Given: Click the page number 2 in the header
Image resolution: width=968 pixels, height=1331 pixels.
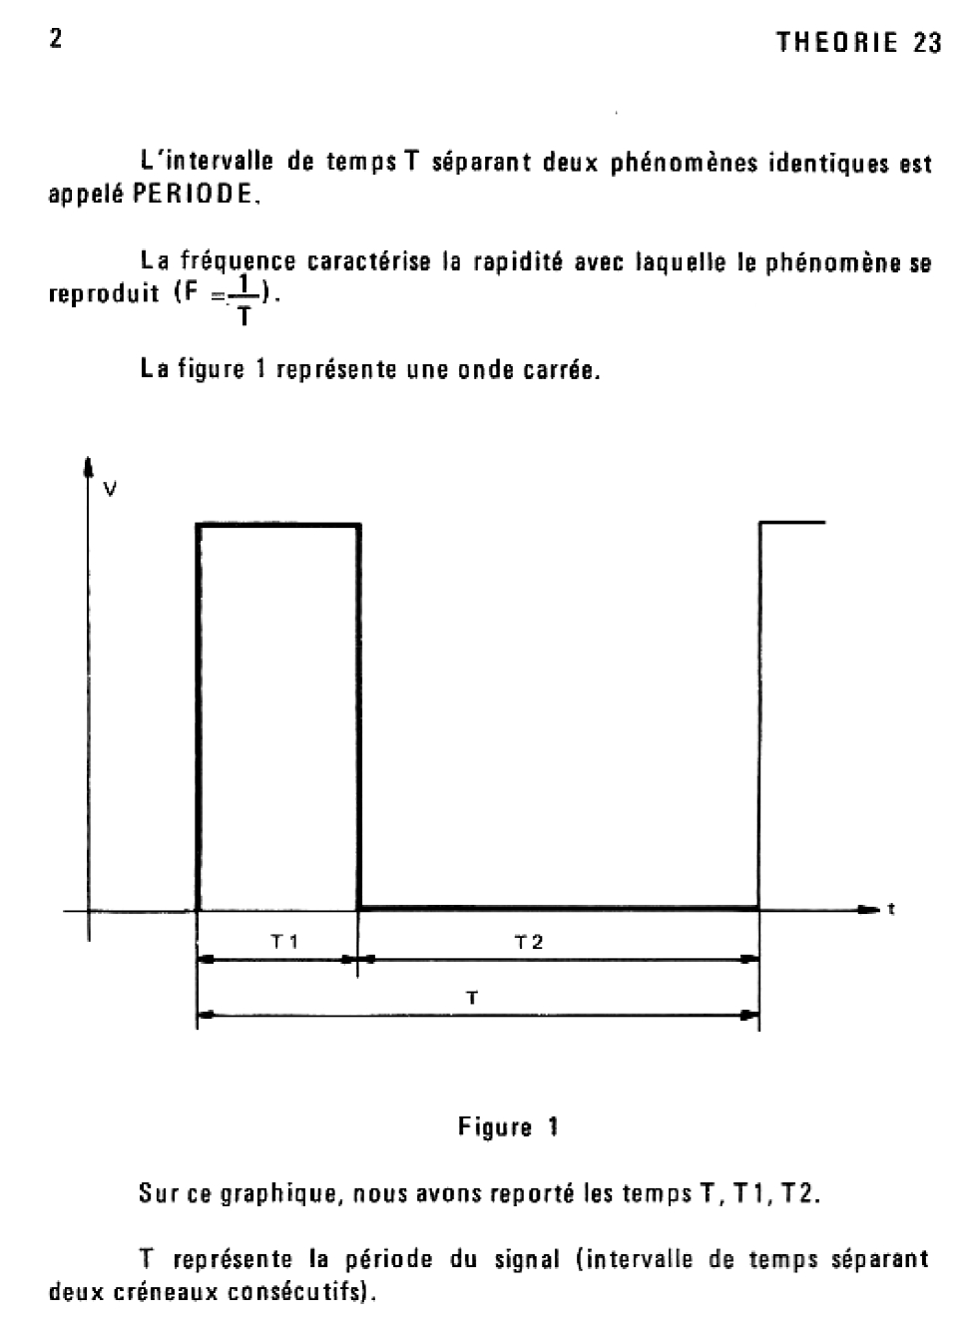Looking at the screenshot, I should point(56,39).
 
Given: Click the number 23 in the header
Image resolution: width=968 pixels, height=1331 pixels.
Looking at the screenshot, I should point(927,43).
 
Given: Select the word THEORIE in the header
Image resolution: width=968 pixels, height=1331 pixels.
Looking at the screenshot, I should point(837,43).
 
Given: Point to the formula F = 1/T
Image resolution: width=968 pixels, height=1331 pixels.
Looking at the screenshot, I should point(227,297).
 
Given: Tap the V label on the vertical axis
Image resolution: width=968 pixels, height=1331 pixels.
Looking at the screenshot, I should point(110,489).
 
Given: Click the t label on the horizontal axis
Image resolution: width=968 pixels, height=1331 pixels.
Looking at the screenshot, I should point(890,909).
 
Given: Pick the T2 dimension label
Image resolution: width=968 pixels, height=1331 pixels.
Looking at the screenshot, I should point(529,941).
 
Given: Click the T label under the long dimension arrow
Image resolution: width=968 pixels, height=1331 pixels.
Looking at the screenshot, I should point(472,997).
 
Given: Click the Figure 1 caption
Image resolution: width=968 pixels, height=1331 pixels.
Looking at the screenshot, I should point(508,1127).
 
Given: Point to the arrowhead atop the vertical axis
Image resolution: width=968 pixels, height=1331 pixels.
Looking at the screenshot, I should point(89,465).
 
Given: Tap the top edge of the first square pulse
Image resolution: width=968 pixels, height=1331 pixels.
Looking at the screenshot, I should point(279,524).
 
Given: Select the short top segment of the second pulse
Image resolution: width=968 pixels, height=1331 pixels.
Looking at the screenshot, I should point(793,522).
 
